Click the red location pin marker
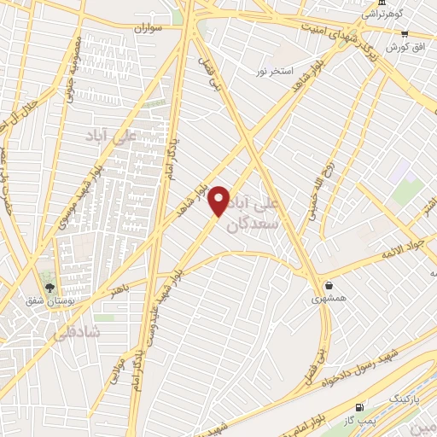coord(220,200)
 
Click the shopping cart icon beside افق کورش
coord(405,33)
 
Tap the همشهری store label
coord(329,299)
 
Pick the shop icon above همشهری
coord(329,285)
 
